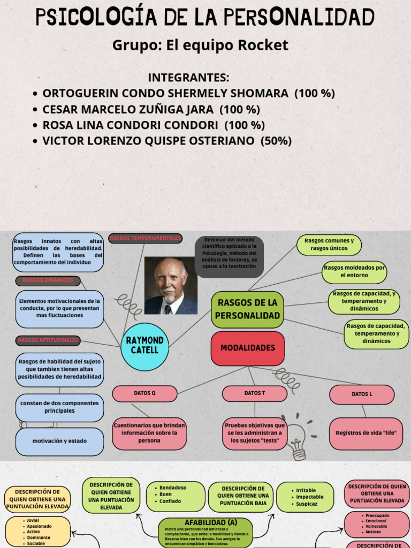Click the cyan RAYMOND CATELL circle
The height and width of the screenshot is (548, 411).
point(145,346)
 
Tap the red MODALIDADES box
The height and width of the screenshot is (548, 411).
point(247,348)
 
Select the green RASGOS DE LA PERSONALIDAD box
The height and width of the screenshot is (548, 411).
point(247,309)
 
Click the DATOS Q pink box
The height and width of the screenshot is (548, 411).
point(144,393)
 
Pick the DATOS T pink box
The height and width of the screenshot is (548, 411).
point(255,393)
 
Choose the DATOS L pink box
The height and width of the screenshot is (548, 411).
point(362,394)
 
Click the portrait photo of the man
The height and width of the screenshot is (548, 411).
point(171,286)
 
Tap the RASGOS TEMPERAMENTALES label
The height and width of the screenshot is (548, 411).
point(146,238)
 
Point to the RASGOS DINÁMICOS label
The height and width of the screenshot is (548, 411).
point(48,281)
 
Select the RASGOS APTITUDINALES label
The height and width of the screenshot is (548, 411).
point(48,340)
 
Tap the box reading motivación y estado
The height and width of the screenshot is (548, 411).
point(59,442)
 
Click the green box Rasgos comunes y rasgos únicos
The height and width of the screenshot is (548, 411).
point(329,245)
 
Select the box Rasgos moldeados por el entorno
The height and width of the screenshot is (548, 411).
point(354,272)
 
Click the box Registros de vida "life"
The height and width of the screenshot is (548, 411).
point(366,433)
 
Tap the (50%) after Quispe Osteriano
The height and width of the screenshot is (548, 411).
point(276,141)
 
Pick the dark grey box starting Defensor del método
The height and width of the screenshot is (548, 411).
point(229,256)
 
